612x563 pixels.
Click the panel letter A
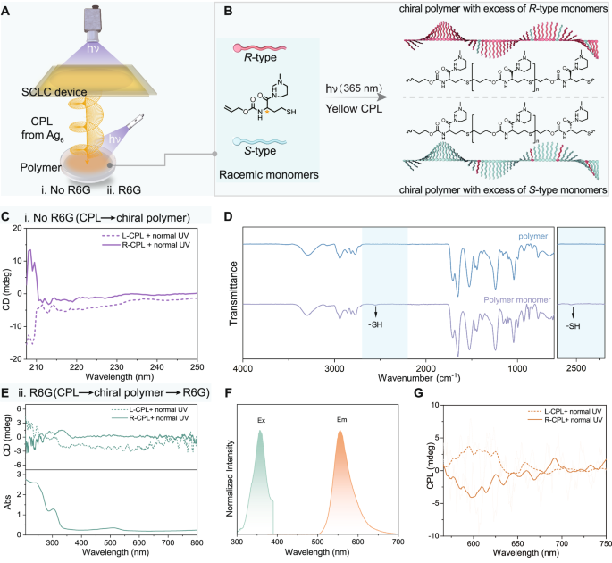(7, 10)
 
